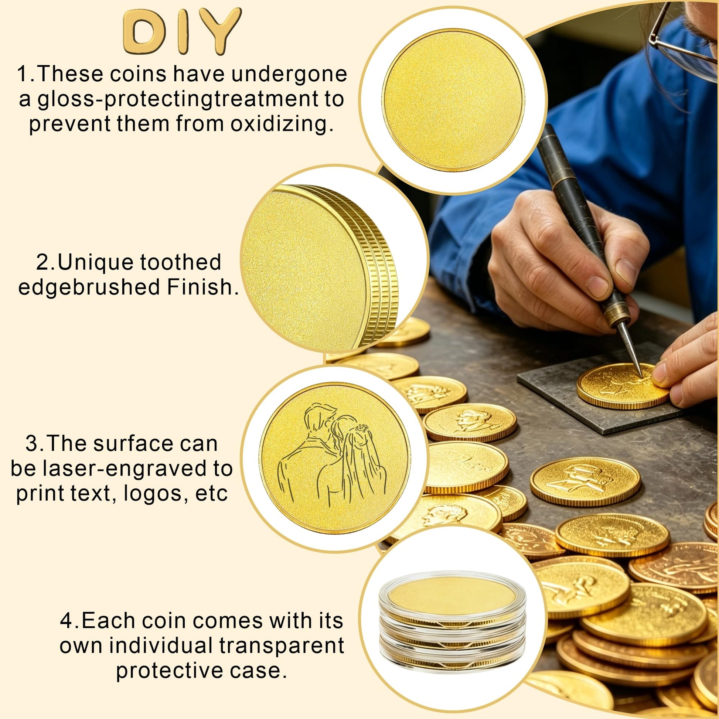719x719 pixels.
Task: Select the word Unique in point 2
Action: (96, 262)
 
